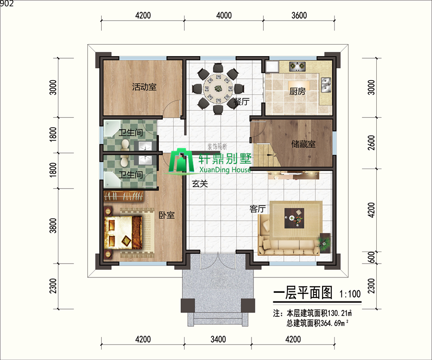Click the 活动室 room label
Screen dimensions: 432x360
pos(144,87)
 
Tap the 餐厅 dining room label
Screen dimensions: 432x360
pos(241,101)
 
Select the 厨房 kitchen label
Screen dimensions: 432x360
pos(297,91)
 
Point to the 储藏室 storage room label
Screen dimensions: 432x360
pos(303,144)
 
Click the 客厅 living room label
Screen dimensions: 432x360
pos(258,209)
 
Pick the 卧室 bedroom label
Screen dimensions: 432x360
pos(167,215)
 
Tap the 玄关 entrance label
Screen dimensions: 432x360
pos(200,184)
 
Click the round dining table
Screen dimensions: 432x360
pos(218,89)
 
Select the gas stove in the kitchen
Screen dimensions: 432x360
pos(297,66)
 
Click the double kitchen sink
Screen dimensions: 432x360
pos(326,85)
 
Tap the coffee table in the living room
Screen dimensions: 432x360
pos(294,218)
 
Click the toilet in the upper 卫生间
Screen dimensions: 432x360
pos(125,145)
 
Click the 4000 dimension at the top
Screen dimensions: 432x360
pos(224,15)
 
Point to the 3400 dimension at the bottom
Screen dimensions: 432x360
pos(218,339)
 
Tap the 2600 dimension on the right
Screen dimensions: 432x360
pos(372,143)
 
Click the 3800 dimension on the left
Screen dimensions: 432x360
pos(53,226)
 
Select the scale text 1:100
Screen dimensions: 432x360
pos(350,294)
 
